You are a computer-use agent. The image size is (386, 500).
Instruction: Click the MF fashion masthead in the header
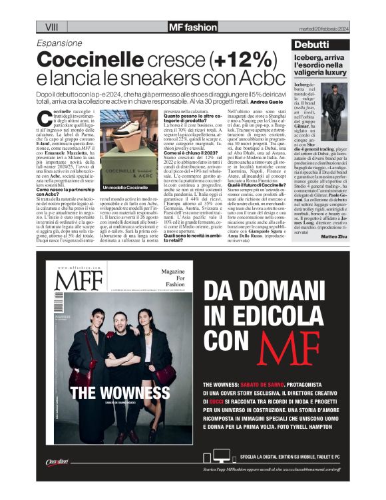193,27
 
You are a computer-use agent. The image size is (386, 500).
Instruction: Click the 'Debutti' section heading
311,44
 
